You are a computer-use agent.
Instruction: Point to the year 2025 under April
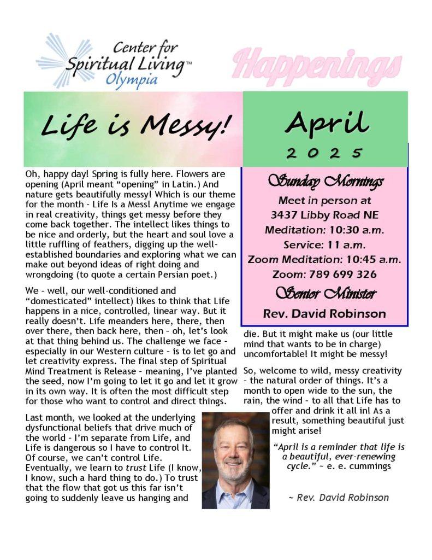coord(326,152)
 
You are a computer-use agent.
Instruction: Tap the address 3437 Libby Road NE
coord(325,214)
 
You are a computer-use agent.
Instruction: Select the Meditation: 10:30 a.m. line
coord(325,230)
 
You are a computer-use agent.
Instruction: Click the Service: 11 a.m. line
coord(325,244)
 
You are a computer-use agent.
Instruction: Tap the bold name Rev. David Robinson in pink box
coord(324,314)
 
